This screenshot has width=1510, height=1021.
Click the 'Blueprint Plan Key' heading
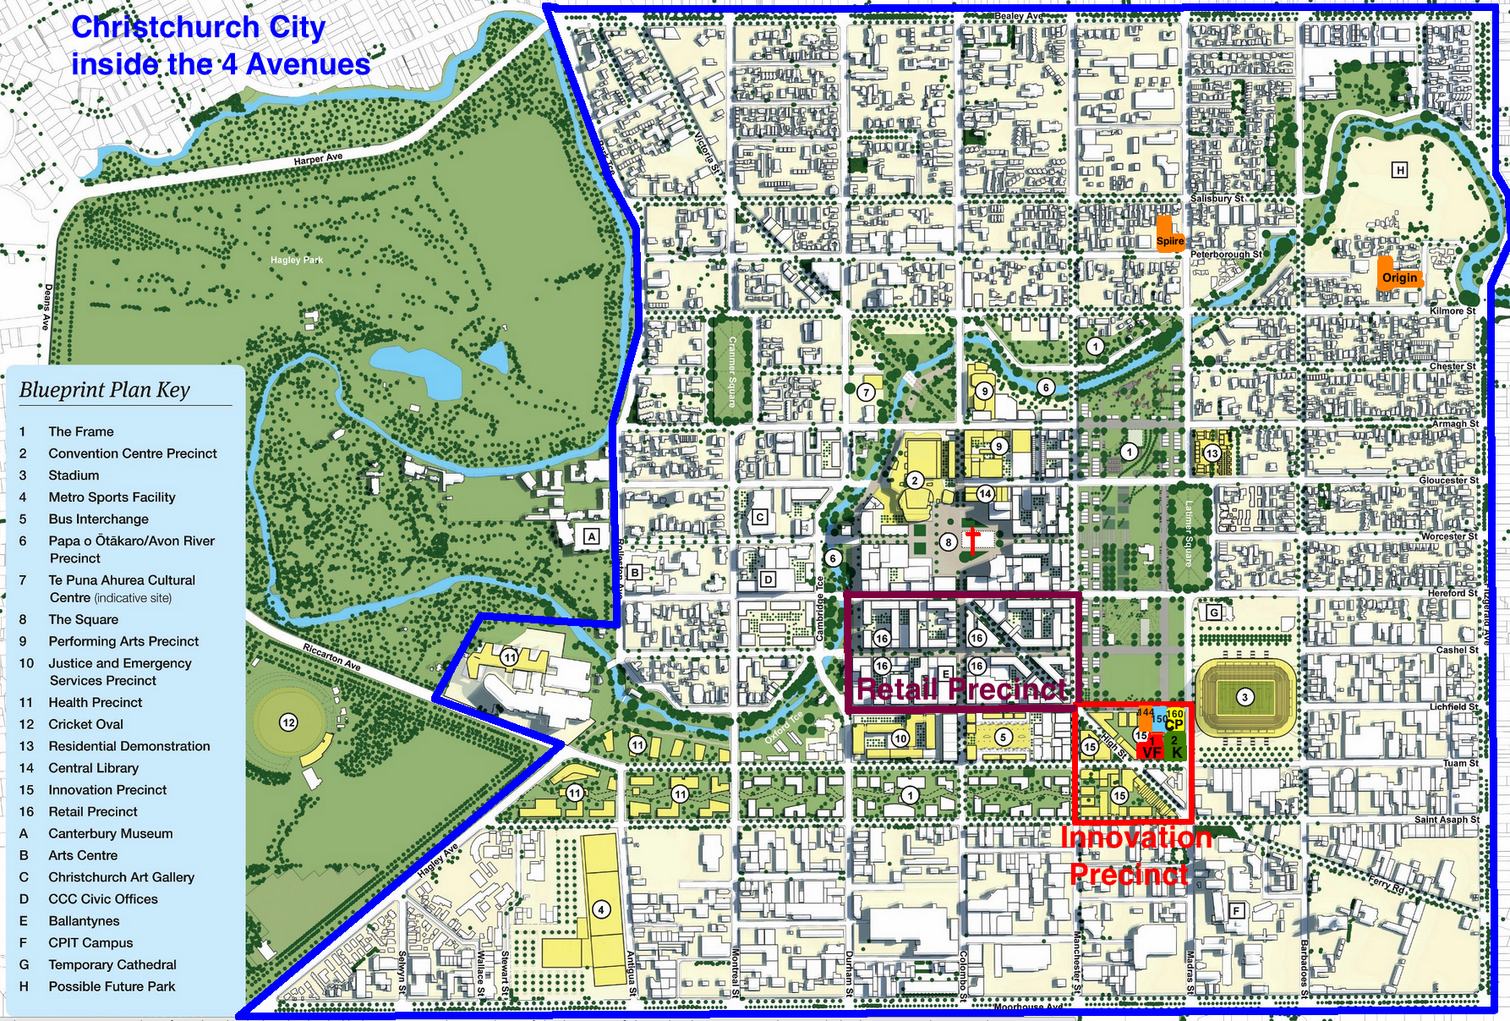pyautogui.click(x=105, y=390)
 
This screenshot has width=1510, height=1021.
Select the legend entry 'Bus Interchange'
pyautogui.click(x=98, y=519)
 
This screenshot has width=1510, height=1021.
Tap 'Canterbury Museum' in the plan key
pyautogui.click(x=110, y=834)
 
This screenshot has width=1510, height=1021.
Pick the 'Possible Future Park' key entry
pyautogui.click(x=112, y=987)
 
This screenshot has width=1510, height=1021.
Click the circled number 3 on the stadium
pyautogui.click(x=1245, y=697)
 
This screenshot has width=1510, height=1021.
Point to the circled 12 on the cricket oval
pyautogui.click(x=289, y=722)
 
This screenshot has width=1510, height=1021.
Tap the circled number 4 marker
pyautogui.click(x=600, y=910)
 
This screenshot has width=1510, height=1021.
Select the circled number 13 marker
pyautogui.click(x=1212, y=453)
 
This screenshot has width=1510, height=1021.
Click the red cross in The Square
pyautogui.click(x=972, y=540)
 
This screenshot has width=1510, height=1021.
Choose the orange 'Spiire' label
pyautogui.click(x=1169, y=240)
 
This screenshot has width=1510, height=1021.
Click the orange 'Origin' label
pyautogui.click(x=1399, y=277)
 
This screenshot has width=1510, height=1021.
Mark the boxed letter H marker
pyautogui.click(x=1400, y=171)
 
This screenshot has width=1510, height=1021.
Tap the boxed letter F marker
pyautogui.click(x=1236, y=911)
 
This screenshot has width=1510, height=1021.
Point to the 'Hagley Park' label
pyautogui.click(x=297, y=260)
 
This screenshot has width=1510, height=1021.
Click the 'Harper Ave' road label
pyautogui.click(x=318, y=158)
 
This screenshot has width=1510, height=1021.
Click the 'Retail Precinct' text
pyautogui.click(x=961, y=689)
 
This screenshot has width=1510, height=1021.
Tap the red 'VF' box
pyautogui.click(x=1151, y=752)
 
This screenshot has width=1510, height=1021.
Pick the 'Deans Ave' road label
pyautogui.click(x=47, y=307)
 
